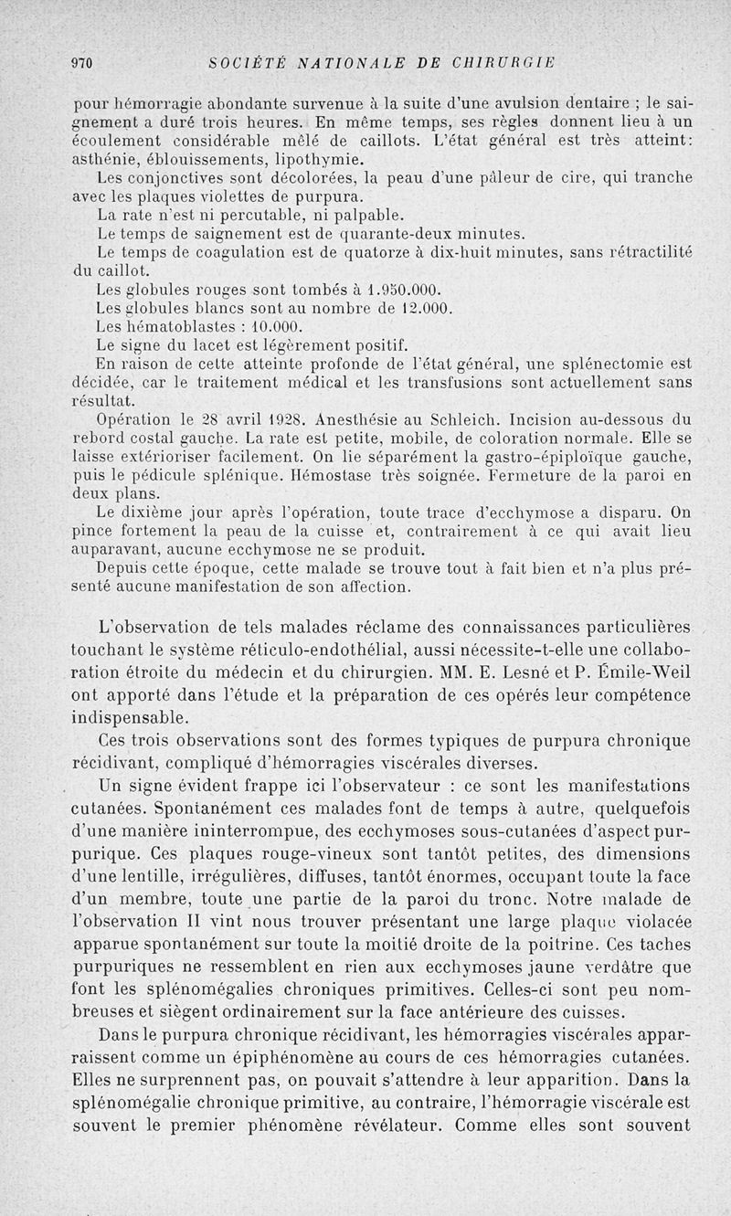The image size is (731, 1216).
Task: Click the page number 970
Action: pos(83,62)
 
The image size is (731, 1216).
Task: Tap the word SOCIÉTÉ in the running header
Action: pos(242,62)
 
